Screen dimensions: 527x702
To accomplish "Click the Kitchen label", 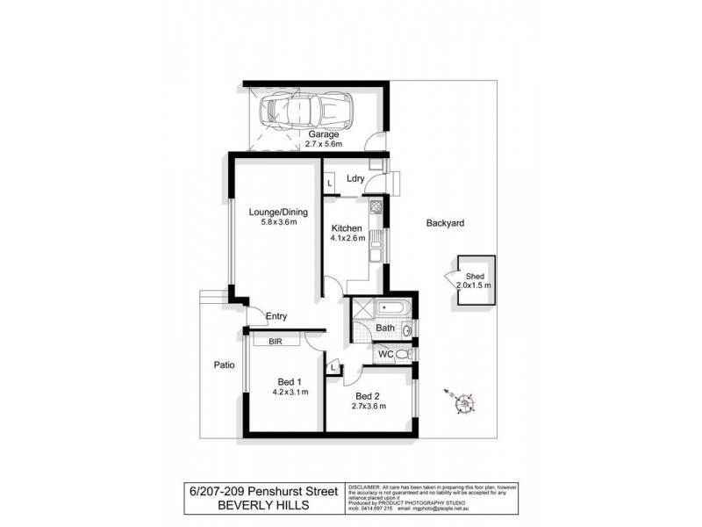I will click(x=347, y=227).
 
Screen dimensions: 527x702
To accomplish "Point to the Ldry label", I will click(x=355, y=178).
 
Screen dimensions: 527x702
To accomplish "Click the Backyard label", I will click(x=445, y=224).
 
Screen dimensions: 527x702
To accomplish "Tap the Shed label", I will click(x=474, y=275).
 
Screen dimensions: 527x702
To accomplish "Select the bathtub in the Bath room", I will click(x=385, y=308).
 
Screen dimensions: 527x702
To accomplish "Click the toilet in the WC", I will click(x=403, y=353).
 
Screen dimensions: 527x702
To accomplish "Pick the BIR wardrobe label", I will click(x=275, y=341).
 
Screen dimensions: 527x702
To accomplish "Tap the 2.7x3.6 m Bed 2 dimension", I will click(x=368, y=408).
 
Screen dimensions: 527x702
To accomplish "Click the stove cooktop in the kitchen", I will click(x=375, y=208).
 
